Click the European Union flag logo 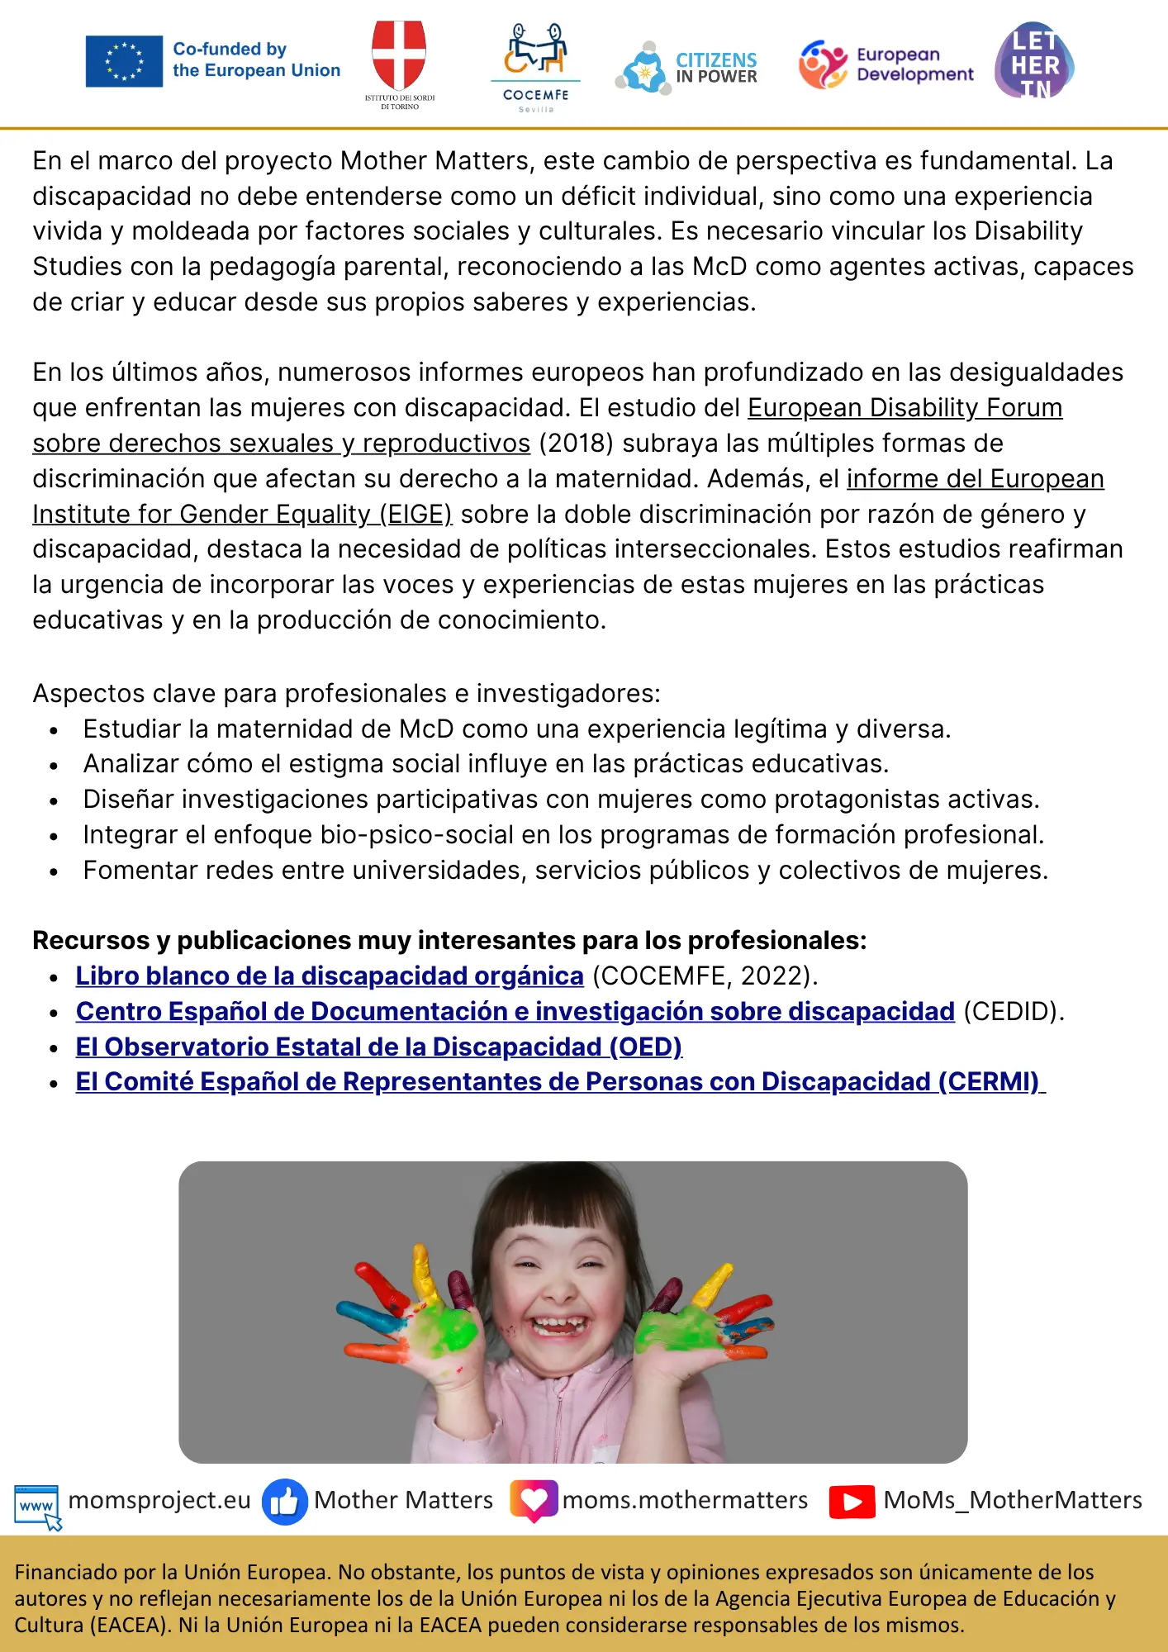(x=124, y=61)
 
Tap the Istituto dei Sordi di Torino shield (x=399, y=56)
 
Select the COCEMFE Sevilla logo (x=535, y=66)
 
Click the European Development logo (x=885, y=64)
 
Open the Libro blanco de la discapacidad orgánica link (x=329, y=976)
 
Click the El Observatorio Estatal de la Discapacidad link (x=378, y=1047)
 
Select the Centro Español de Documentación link (x=515, y=1011)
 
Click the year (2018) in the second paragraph (x=576, y=444)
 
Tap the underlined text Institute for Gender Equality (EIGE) (x=242, y=514)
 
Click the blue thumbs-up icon (x=284, y=1501)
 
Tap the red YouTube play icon (x=852, y=1501)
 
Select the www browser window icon (x=37, y=1504)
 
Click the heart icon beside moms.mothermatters (x=534, y=1500)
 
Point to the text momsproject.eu (x=159, y=1500)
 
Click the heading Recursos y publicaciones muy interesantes (x=449, y=940)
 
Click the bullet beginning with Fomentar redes (x=565, y=870)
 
